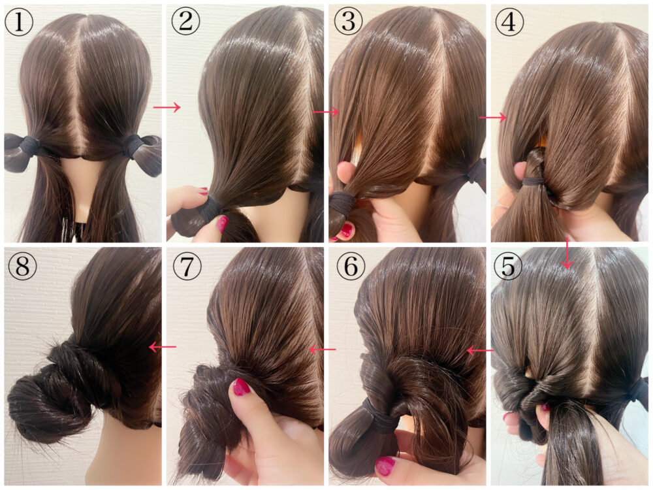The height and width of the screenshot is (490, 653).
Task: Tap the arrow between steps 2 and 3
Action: tap(326, 112)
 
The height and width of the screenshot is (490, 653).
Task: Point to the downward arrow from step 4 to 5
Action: tap(566, 254)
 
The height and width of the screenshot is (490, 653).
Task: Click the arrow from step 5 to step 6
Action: tap(479, 351)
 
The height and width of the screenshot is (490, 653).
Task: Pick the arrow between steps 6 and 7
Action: tap(322, 350)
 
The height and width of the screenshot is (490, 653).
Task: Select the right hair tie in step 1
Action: tap(134, 145)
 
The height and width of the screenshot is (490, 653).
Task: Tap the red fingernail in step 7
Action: tap(241, 387)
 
